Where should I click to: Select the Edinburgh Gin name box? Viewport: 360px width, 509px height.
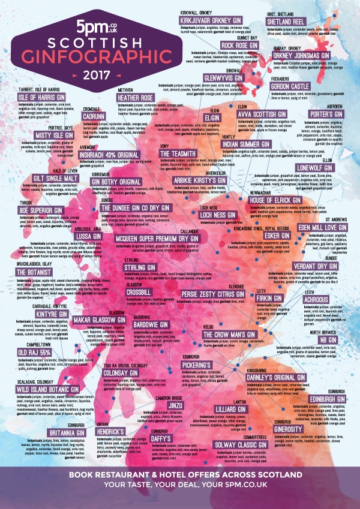pos(328,399)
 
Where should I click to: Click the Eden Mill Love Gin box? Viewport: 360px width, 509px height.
pos(322,228)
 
